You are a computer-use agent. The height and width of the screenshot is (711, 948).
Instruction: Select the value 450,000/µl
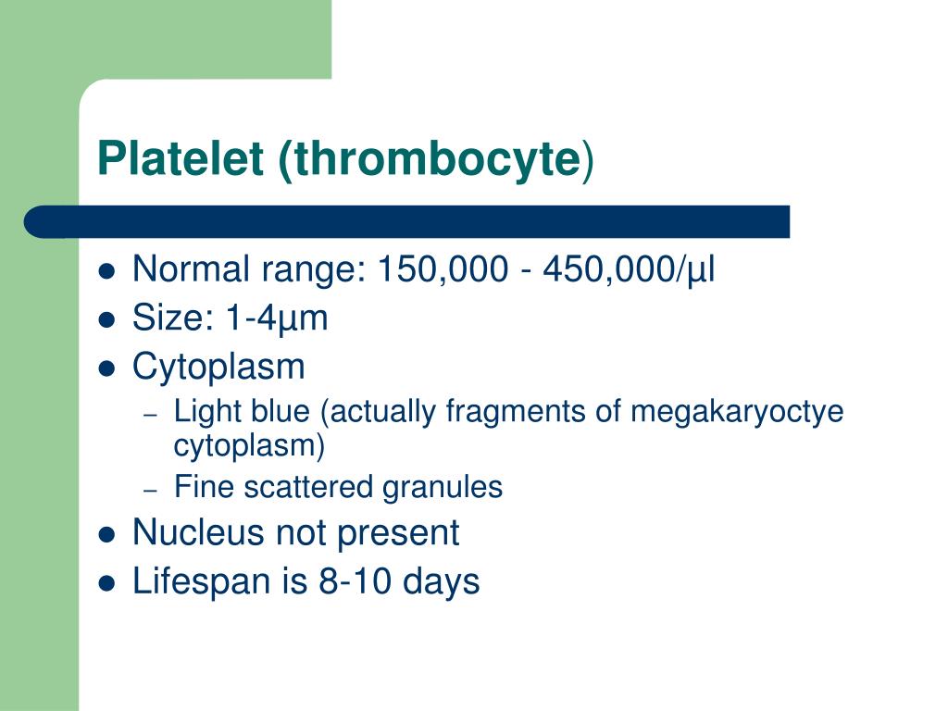pyautogui.click(x=630, y=270)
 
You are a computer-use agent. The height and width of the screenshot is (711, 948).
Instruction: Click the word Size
pyautogui.click(x=169, y=318)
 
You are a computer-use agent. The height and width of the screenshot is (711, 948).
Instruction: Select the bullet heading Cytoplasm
pyautogui.click(x=218, y=368)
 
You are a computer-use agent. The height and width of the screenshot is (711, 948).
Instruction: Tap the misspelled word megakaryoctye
pyautogui.click(x=737, y=412)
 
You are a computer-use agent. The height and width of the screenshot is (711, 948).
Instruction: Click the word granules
pyautogui.click(x=450, y=487)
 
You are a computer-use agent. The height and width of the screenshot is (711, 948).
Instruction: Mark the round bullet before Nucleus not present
pyautogui.click(x=106, y=534)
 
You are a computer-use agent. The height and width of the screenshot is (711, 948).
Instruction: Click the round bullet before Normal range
pyautogui.click(x=106, y=272)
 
